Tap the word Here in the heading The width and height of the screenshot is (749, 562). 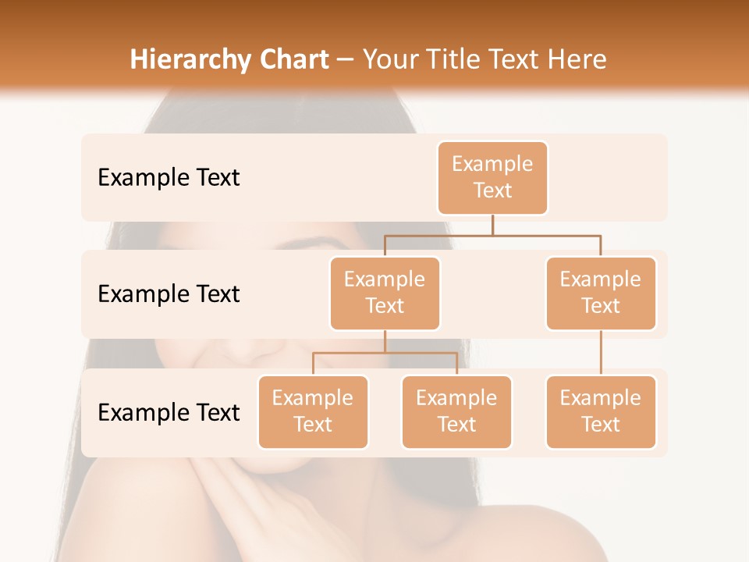click(578, 59)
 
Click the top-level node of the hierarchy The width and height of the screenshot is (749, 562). click(492, 177)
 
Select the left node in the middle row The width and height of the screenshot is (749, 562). click(385, 293)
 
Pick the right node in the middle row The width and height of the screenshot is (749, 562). click(601, 293)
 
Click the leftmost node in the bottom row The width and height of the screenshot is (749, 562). click(313, 411)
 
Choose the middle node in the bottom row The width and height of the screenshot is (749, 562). click(456, 411)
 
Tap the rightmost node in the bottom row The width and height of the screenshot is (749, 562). click(601, 411)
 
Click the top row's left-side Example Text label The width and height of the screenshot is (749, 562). click(169, 177)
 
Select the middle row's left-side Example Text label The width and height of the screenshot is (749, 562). click(169, 293)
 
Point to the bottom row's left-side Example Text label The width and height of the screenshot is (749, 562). click(169, 412)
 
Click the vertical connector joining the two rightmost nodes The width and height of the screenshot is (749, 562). click(601, 353)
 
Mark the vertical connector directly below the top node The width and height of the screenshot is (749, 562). click(492, 225)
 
